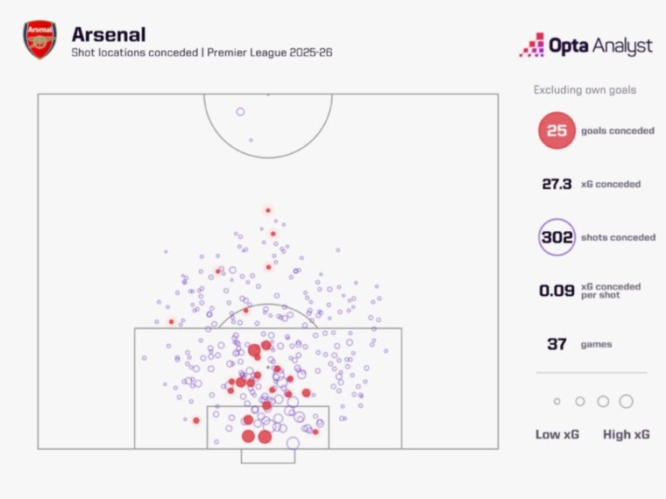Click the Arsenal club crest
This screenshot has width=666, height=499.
(40, 39)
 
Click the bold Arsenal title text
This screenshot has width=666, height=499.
(109, 34)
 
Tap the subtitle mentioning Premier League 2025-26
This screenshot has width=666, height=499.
(202, 53)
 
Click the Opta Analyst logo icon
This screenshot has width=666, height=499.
(532, 45)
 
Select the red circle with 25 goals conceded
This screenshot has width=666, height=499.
(556, 130)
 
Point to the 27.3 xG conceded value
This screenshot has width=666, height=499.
(556, 184)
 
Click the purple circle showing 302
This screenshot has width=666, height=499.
(556, 236)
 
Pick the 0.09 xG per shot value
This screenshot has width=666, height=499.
(556, 291)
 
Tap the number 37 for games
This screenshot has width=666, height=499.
(556, 344)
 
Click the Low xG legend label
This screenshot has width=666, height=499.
(556, 434)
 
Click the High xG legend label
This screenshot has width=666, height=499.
(626, 434)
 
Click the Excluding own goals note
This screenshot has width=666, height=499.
(585, 90)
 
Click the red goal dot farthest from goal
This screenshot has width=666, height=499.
(268, 210)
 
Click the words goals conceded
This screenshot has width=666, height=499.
(618, 130)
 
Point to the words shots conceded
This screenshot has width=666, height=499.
(618, 237)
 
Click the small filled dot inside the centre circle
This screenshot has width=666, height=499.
(251, 140)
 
